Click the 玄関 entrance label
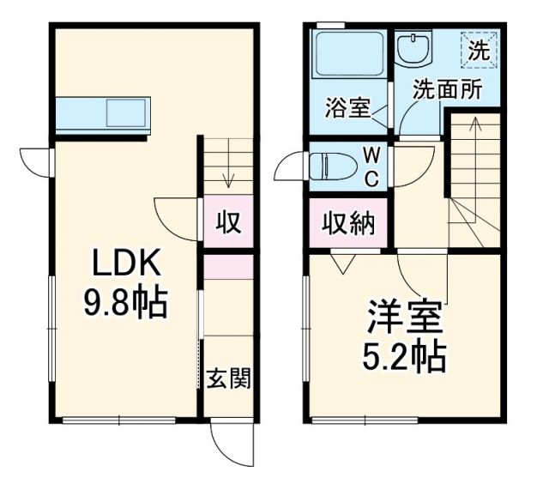click(228, 378)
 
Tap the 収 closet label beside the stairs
click(228, 222)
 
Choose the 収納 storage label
click(348, 223)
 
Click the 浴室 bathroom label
click(347, 108)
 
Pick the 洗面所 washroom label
click(447, 89)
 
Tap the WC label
click(372, 166)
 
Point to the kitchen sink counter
click(104, 113)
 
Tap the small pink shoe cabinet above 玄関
click(228, 266)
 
